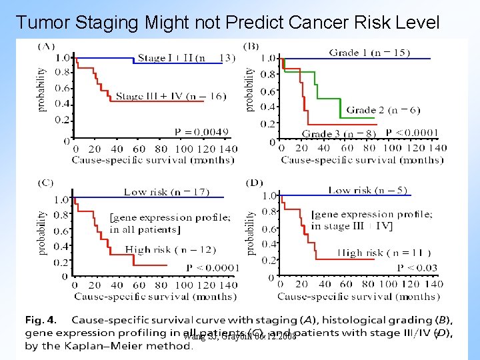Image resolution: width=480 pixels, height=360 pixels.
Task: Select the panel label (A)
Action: (x=46, y=45)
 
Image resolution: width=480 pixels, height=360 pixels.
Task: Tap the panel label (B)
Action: (x=251, y=45)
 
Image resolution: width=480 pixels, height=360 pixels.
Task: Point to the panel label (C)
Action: (x=46, y=182)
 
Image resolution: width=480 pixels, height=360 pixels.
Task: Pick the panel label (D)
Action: (x=254, y=182)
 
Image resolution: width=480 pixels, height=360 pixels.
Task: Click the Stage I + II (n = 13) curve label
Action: (x=186, y=57)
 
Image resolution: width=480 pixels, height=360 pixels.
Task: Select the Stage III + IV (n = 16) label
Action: (x=171, y=96)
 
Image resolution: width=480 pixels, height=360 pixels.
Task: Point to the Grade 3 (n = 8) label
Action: (x=339, y=133)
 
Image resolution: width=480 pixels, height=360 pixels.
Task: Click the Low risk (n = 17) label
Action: (x=166, y=192)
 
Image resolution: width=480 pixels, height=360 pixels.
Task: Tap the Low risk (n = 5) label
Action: (x=367, y=190)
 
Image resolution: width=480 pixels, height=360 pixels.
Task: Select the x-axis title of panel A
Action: (x=153, y=159)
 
